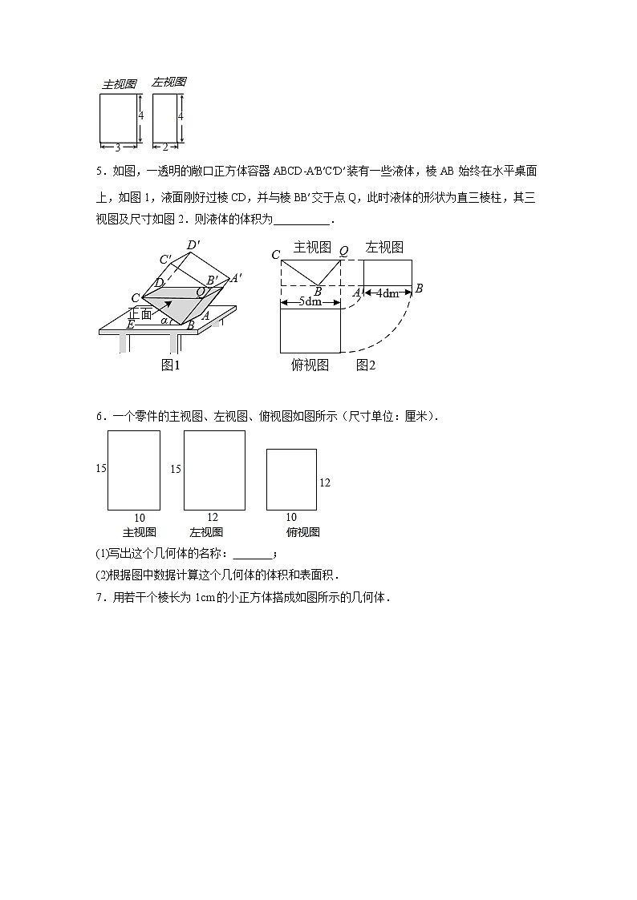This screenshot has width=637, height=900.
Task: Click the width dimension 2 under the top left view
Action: click(164, 147)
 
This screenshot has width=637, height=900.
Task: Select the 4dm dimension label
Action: click(388, 293)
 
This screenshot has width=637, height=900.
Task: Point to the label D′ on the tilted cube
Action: click(193, 245)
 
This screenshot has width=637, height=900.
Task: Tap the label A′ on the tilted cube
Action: click(236, 277)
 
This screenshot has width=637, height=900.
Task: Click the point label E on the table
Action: click(129, 325)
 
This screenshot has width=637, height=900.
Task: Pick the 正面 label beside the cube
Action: click(140, 313)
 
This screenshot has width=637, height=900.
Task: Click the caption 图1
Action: click(170, 365)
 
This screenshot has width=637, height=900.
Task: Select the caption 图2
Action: click(366, 365)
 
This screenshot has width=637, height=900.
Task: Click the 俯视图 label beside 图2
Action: click(310, 365)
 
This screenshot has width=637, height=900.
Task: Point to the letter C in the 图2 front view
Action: click(275, 255)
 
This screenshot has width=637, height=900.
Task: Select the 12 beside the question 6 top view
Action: click(325, 482)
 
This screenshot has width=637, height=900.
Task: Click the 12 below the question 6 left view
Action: click(213, 517)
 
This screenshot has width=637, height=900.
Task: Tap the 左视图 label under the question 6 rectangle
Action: click(206, 532)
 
